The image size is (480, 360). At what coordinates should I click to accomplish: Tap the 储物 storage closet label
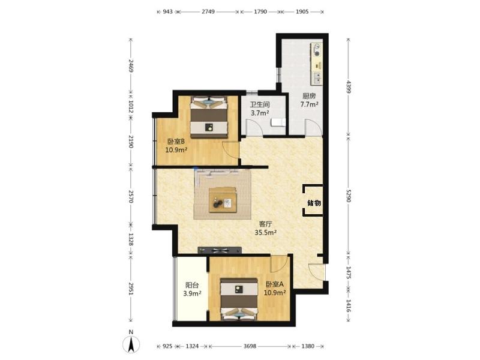click(314, 203)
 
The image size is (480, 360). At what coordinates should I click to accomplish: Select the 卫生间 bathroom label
click(260, 104)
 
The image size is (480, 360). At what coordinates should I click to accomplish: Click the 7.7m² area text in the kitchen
click(309, 104)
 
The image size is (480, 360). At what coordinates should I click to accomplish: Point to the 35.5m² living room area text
click(266, 232)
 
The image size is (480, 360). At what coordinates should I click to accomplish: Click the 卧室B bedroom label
click(176, 142)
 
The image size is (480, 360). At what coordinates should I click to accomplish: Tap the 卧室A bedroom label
click(275, 284)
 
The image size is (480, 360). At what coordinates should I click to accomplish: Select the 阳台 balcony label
click(192, 286)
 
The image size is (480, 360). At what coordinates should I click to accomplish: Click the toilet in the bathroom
click(278, 122)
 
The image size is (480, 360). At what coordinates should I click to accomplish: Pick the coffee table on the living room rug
click(223, 200)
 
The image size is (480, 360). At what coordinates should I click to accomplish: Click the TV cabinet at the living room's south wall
click(220, 250)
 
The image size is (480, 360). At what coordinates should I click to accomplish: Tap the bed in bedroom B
click(209, 117)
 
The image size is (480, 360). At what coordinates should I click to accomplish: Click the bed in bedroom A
click(239, 299)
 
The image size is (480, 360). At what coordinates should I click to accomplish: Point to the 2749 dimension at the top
click(208, 11)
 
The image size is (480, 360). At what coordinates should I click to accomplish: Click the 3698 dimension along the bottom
click(250, 346)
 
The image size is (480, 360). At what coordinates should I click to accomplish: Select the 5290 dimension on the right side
click(349, 196)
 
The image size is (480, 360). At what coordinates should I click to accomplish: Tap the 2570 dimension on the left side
click(131, 196)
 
